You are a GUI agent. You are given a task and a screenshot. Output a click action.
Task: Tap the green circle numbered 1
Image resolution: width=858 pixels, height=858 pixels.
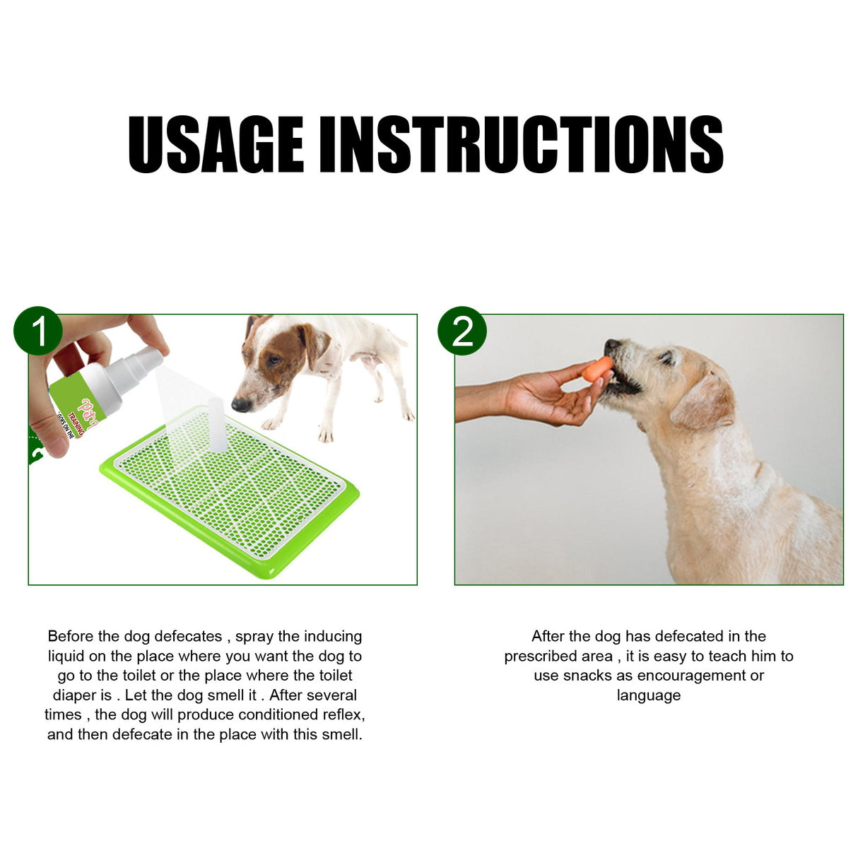(38, 331)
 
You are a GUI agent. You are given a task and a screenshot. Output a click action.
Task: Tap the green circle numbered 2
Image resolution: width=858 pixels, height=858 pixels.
(462, 331)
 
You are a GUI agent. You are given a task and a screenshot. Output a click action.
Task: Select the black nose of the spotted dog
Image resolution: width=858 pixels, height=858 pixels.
(241, 405)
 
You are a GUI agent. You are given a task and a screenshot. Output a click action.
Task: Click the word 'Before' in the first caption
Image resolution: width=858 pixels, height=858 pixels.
(70, 636)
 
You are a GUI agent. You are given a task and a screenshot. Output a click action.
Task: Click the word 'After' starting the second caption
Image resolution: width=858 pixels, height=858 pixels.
(547, 636)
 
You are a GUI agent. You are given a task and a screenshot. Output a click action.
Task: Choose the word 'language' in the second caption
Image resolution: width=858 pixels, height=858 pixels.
(648, 695)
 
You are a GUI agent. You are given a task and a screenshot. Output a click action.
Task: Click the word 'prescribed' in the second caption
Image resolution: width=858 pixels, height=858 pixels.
(538, 656)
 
